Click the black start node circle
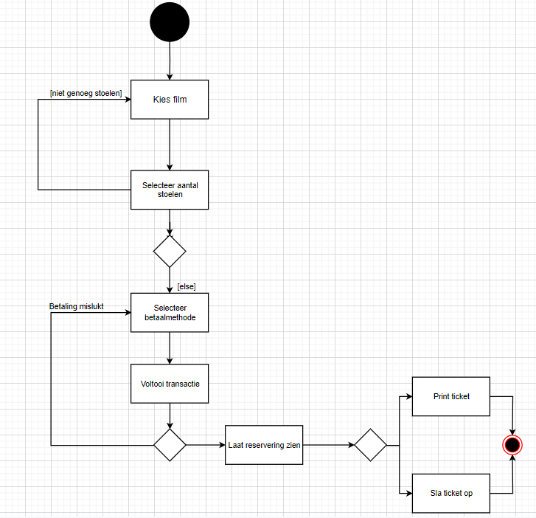click(170, 23)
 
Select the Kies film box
click(170, 99)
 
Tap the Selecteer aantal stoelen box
click(170, 190)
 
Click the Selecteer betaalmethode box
click(170, 313)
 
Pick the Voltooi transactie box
click(170, 384)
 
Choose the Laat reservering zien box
click(264, 445)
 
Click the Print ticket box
click(451, 397)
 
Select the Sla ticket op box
click(451, 493)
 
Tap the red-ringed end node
click(512, 445)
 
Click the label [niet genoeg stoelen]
click(86, 92)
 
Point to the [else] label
click(187, 286)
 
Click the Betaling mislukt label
click(77, 305)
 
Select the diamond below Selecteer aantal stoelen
click(170, 252)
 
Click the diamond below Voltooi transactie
click(170, 445)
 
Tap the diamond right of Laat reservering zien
click(370, 445)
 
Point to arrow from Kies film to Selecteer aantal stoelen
click(170, 144)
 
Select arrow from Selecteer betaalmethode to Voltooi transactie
click(170, 348)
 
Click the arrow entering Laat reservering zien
click(206, 445)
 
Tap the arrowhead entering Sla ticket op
click(408, 493)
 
